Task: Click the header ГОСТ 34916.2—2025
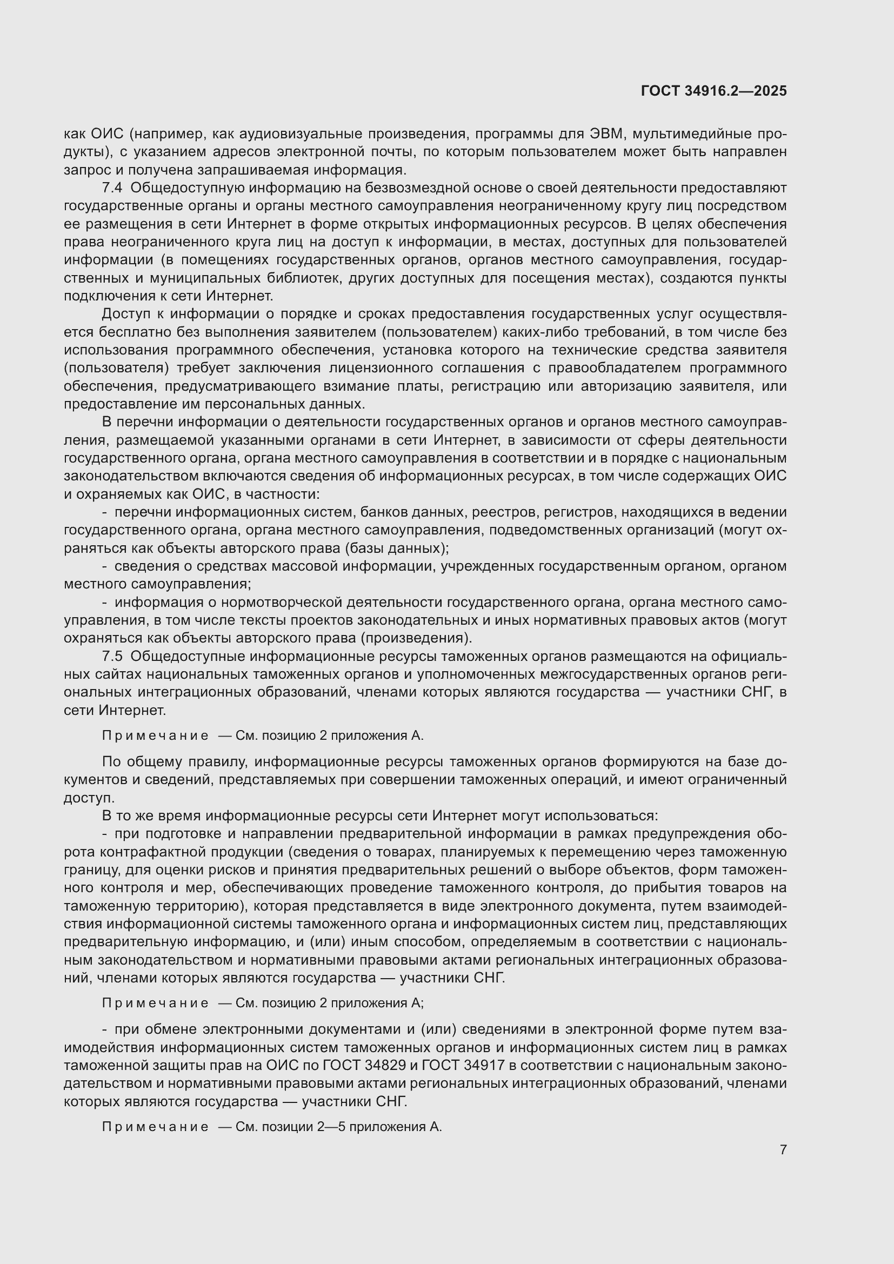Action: [x=714, y=91]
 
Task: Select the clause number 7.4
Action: [x=112, y=188]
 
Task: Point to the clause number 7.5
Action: [x=112, y=656]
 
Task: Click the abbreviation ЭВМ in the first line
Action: [x=605, y=134]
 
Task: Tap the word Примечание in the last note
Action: [x=155, y=1127]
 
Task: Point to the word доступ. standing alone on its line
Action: [x=89, y=798]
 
